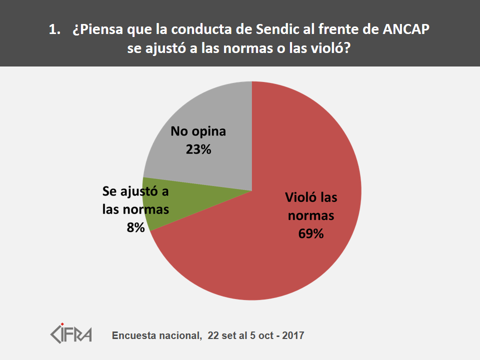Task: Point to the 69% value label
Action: click(x=311, y=233)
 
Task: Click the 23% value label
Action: click(x=198, y=148)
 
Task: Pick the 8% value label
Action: click(x=135, y=227)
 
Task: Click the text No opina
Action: click(x=198, y=132)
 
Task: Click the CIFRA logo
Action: click(x=71, y=333)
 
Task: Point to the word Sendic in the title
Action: click(x=278, y=30)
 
